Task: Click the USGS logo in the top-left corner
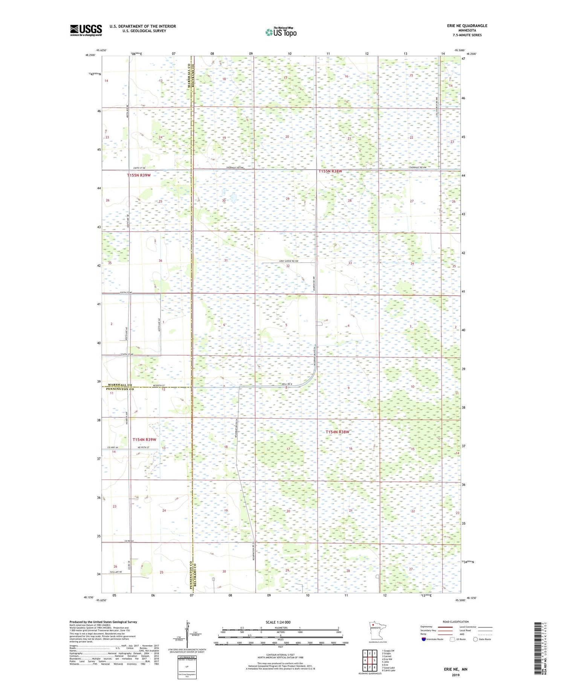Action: pyautogui.click(x=86, y=30)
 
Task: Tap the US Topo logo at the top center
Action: pyautogui.click(x=281, y=32)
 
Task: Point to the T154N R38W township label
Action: pyautogui.click(x=337, y=432)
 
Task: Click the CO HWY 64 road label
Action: pyautogui.click(x=113, y=447)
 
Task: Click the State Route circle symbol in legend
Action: pyautogui.click(x=475, y=639)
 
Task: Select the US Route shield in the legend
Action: pyautogui.click(x=452, y=639)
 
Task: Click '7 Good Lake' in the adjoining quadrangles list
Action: pyautogui.click(x=388, y=668)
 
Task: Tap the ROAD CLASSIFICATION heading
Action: pyautogui.click(x=456, y=622)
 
